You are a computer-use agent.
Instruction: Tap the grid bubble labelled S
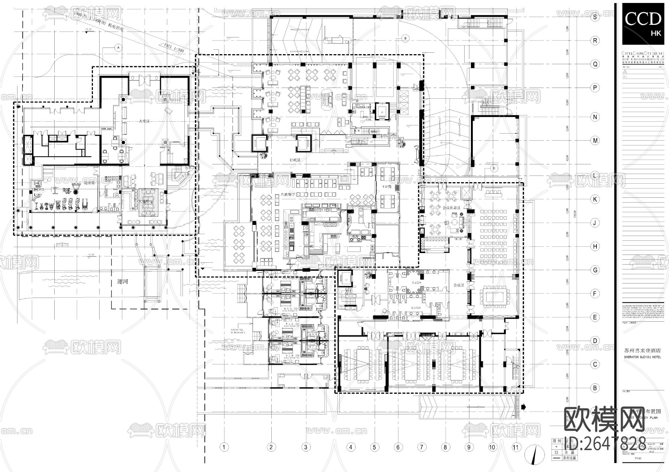click(595, 17)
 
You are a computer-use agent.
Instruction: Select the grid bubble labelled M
click(595, 141)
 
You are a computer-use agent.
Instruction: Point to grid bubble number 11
click(516, 447)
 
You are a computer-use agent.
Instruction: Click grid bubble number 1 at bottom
click(224, 447)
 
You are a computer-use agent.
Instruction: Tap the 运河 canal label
click(122, 282)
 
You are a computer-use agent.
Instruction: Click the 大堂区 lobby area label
click(144, 121)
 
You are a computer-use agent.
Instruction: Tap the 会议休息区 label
click(451, 208)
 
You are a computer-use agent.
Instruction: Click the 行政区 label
click(295, 160)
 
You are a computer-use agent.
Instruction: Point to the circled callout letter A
click(118, 47)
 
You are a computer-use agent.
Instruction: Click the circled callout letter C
click(494, 168)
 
